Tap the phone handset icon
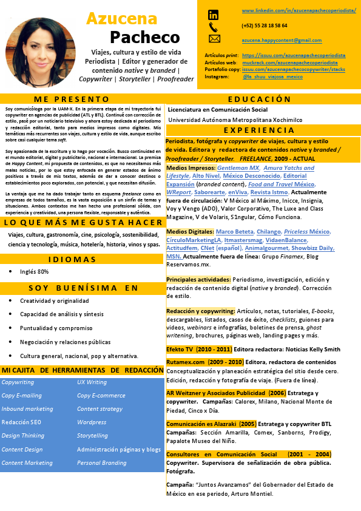[213, 27]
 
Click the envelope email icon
[214, 39]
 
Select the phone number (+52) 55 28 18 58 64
[264, 26]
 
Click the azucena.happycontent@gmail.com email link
[282, 40]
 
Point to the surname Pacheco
[145, 37]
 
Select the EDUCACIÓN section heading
[259, 99]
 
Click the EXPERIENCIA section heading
[259, 130]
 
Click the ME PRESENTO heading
[72, 99]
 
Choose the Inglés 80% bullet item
[35, 272]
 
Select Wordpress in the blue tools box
[92, 422]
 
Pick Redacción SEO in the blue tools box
[21, 422]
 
